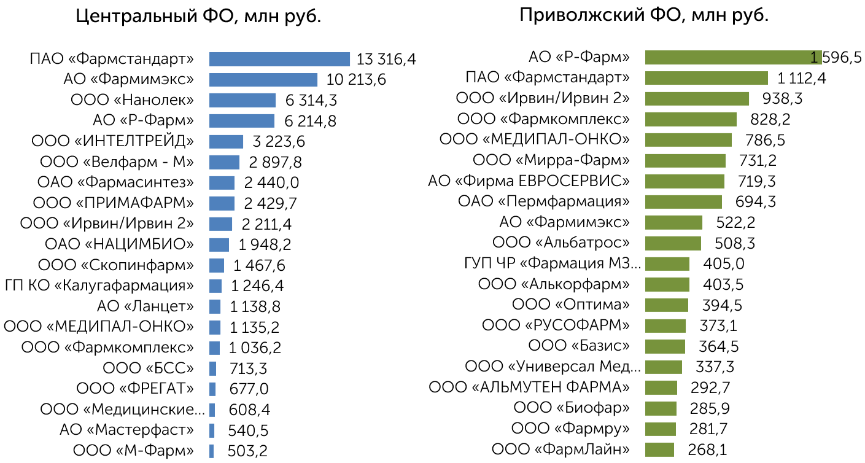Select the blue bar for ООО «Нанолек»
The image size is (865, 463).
(x=242, y=101)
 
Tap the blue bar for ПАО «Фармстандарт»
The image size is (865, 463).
(x=279, y=59)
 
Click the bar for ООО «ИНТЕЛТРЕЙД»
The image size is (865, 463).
(x=227, y=142)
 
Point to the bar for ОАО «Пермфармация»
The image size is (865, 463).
(x=683, y=202)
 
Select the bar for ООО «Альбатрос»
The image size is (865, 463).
(x=673, y=243)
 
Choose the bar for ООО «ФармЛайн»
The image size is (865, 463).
(x=659, y=449)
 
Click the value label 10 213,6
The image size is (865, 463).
(x=356, y=80)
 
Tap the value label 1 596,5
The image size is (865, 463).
(x=836, y=58)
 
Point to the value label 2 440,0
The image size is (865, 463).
(x=271, y=182)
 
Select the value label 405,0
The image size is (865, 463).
(x=724, y=264)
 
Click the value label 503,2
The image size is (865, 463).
(x=247, y=451)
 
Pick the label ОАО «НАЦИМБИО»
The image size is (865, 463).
(x=119, y=244)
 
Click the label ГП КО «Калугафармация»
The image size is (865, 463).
(x=99, y=286)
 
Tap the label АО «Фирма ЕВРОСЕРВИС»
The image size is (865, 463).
(x=529, y=181)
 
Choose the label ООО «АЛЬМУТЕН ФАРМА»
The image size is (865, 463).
(x=529, y=387)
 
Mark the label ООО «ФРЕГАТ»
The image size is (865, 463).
(x=135, y=388)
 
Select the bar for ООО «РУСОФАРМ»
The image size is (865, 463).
(x=665, y=326)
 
